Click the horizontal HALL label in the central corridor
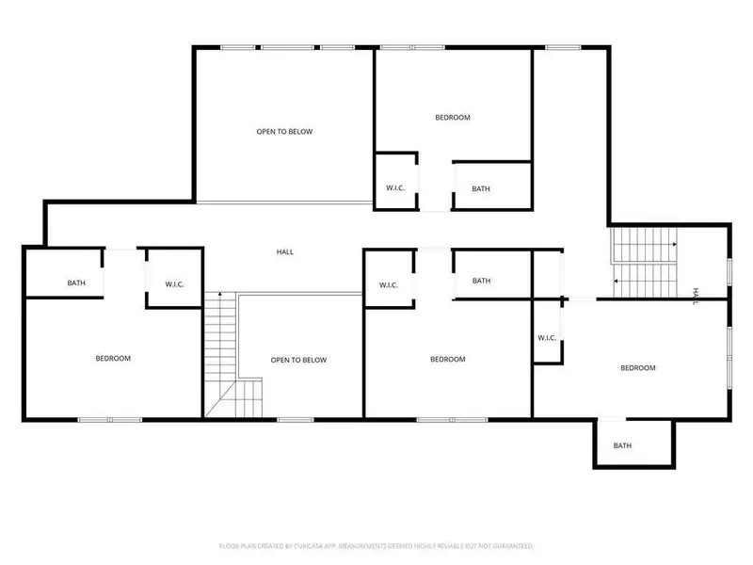coord(284,251)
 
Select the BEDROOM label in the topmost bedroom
coord(452,118)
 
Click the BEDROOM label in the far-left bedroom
coord(113,358)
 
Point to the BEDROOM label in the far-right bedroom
coord(637,367)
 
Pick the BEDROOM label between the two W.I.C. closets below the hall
coord(448,359)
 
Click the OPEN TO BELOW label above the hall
coord(284,132)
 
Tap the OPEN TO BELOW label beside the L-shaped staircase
coord(298,360)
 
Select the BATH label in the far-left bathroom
coord(76,282)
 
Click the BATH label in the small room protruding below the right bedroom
coord(622,445)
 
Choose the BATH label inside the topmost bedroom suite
coord(481,188)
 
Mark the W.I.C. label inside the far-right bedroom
coord(548,338)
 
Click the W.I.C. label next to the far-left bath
coord(174,282)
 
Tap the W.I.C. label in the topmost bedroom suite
coord(395,188)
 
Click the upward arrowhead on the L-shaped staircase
coord(220,295)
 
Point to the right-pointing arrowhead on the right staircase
coord(674,245)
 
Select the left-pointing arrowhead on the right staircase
coord(616,281)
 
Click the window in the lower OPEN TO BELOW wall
coord(296,419)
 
